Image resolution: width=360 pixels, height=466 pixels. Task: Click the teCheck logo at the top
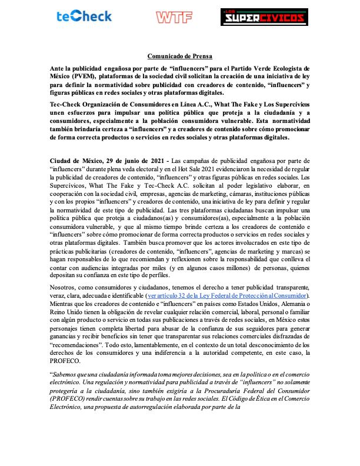tap(85, 16)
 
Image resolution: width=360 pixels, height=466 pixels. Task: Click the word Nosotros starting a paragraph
tap(64, 287)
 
